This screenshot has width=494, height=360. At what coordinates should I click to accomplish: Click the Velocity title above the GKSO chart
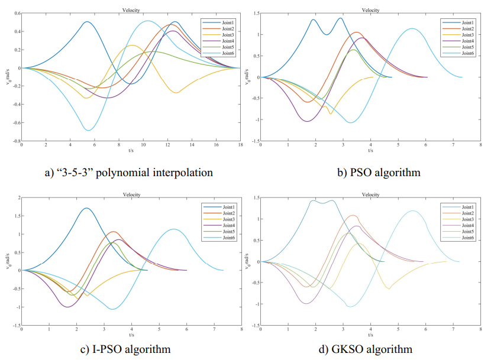pos(370,194)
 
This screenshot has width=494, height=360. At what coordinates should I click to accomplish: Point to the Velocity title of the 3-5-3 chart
pos(131,10)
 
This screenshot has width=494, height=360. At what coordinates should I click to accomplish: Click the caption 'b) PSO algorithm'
pos(370,173)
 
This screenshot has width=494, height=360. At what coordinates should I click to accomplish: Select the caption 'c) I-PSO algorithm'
pos(129,349)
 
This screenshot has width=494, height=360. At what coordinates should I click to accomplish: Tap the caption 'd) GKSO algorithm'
pos(370,349)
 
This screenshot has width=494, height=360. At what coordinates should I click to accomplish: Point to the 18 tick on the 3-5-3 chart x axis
pos(240,145)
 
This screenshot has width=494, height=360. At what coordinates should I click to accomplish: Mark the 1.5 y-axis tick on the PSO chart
pos(255,13)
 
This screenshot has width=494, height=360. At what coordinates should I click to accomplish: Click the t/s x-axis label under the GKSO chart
pos(370,335)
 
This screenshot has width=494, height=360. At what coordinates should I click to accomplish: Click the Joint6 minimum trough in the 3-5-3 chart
pos(88,130)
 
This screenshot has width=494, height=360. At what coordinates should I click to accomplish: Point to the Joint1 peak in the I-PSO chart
pos(86,208)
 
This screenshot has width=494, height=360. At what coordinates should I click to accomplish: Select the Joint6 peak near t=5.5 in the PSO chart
pos(412,28)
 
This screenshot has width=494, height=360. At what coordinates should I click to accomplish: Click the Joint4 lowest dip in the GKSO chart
pos(306,303)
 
